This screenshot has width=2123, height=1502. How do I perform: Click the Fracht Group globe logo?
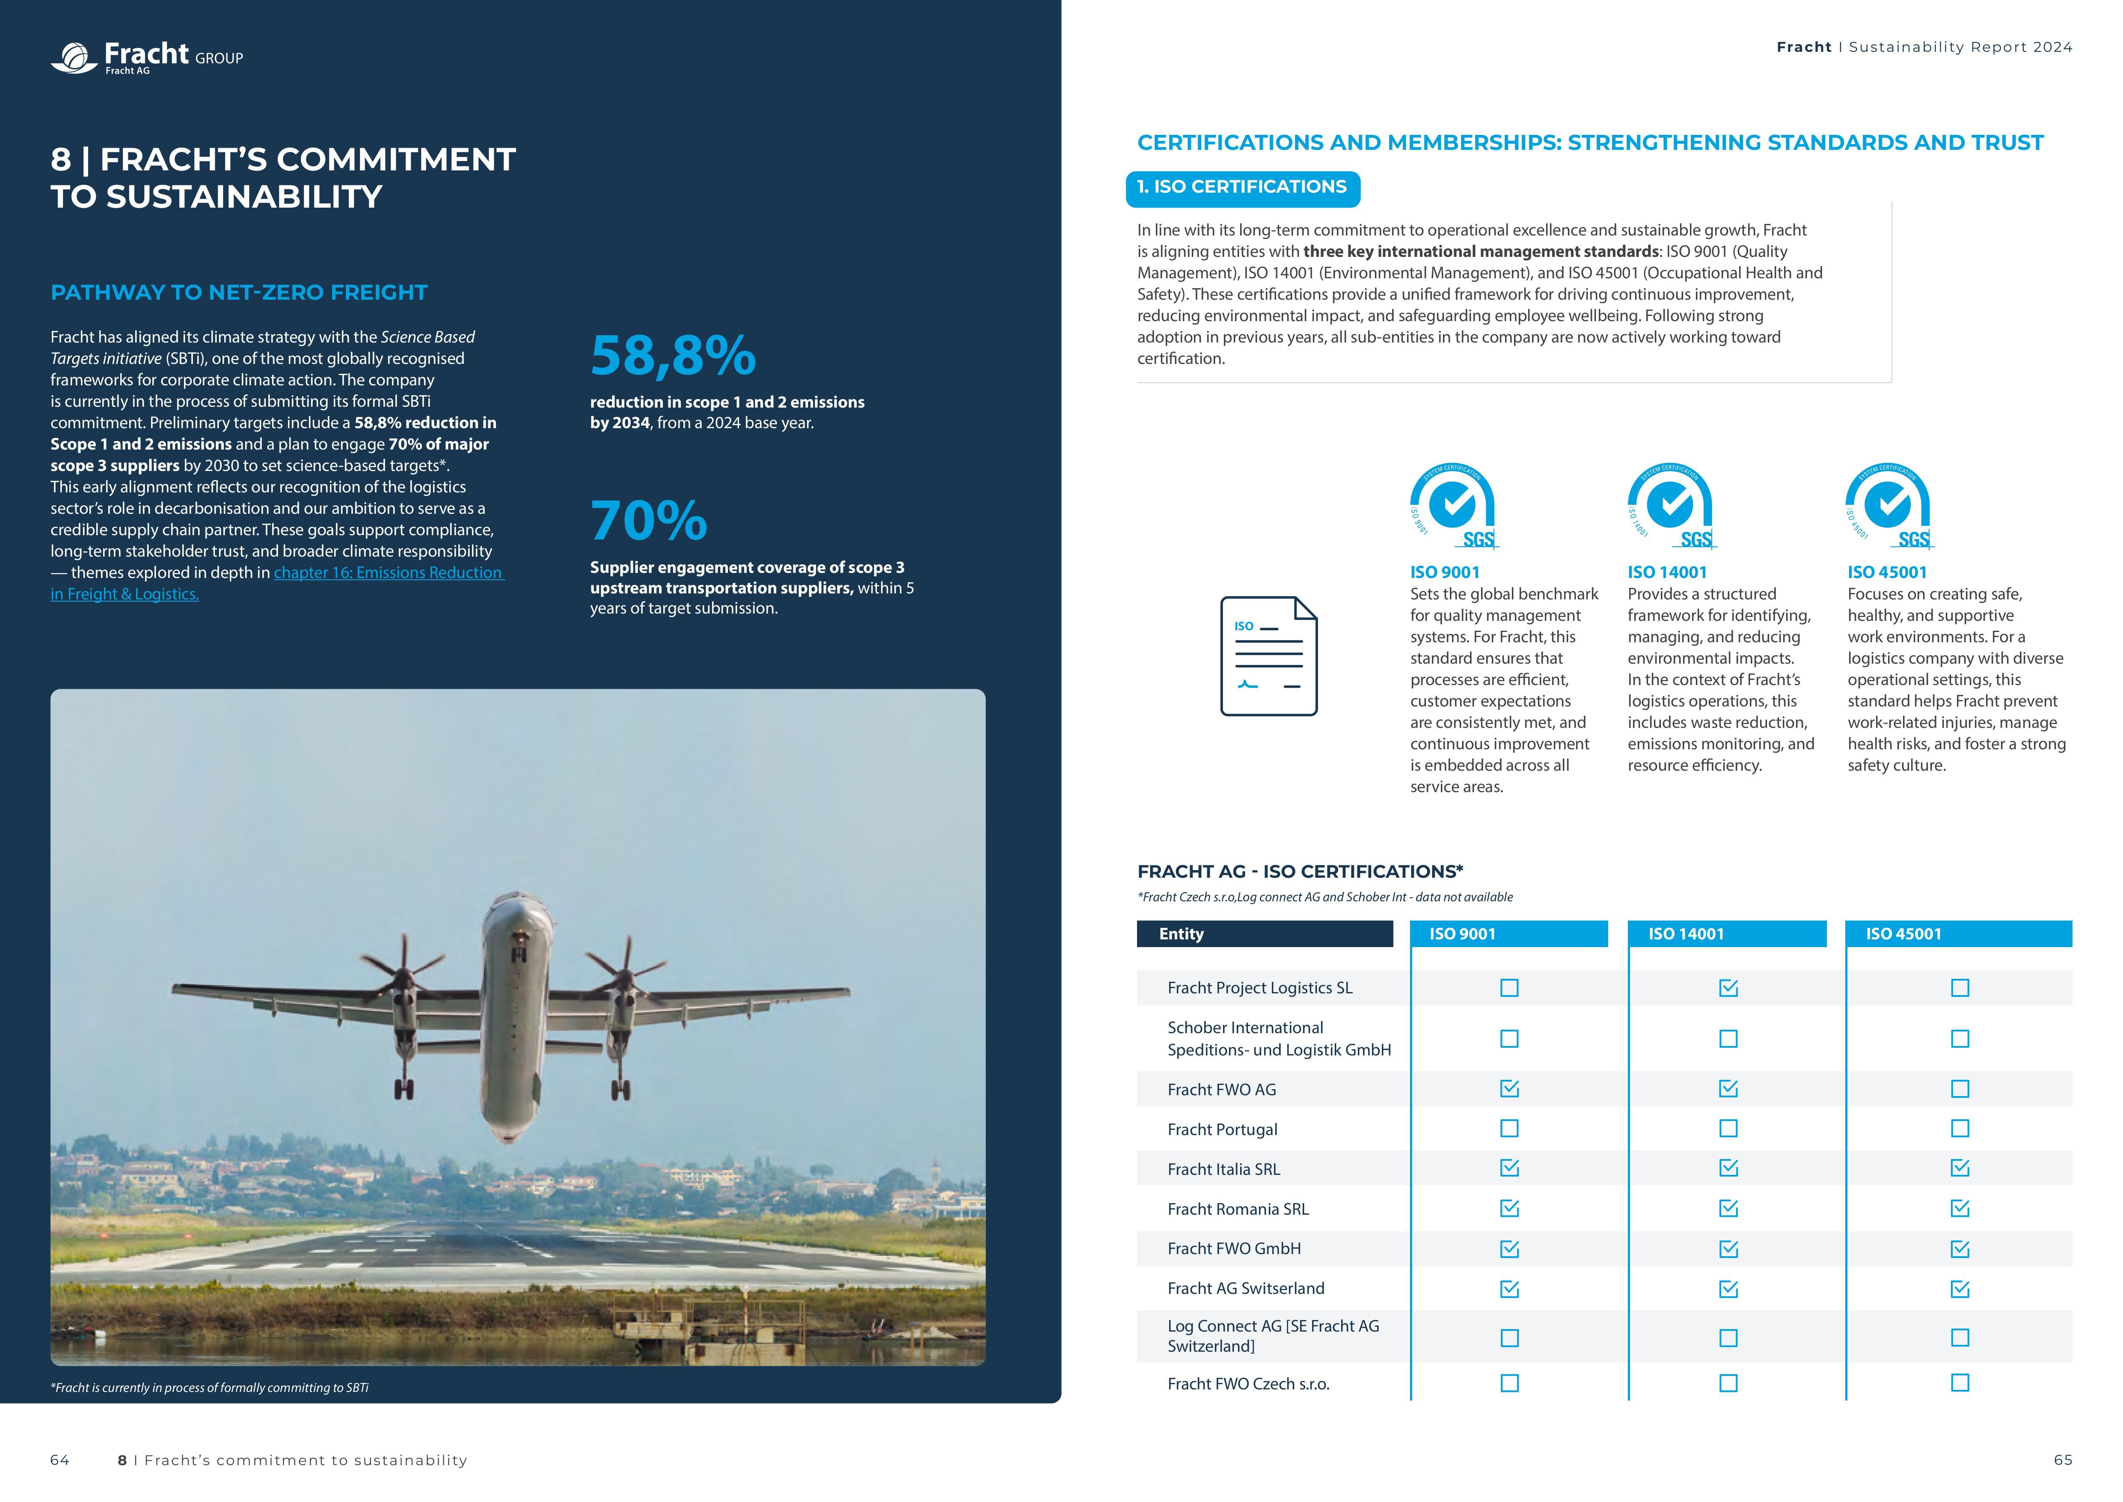tap(74, 57)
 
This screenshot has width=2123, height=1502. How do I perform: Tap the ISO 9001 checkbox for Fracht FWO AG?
tap(1509, 1088)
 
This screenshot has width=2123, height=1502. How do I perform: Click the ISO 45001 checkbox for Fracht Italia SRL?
tap(1960, 1168)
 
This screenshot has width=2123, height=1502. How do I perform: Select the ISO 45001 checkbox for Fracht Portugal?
tap(1960, 1128)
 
